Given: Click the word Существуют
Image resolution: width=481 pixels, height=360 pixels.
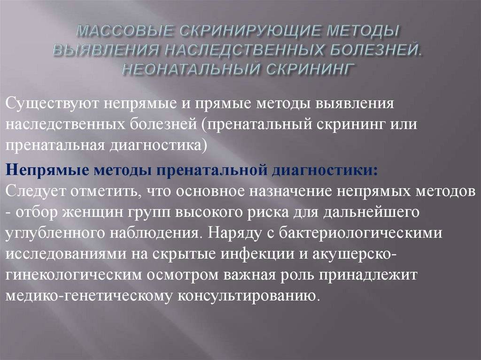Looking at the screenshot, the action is (x=52, y=103).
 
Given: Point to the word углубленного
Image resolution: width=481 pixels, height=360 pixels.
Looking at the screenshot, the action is (x=55, y=234).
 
